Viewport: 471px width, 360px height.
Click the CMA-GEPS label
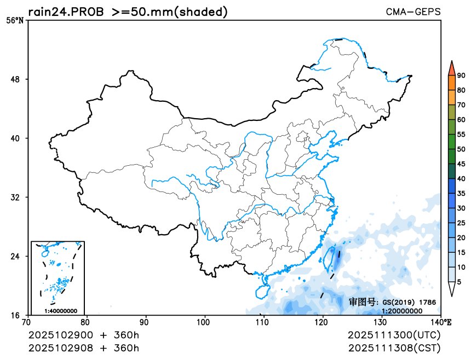413,11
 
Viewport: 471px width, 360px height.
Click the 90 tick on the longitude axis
146,322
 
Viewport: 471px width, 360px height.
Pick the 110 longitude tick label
263,322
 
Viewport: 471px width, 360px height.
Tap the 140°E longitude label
442,322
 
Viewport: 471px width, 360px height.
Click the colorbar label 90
461,76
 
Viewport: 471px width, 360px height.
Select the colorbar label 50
461,149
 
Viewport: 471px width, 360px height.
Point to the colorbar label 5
459,282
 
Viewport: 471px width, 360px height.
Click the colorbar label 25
461,223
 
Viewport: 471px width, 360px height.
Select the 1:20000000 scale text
402,311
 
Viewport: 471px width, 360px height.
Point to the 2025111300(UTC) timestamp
394,334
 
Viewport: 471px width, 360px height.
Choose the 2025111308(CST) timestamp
394,347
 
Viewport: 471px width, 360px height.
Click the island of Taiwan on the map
331,258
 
